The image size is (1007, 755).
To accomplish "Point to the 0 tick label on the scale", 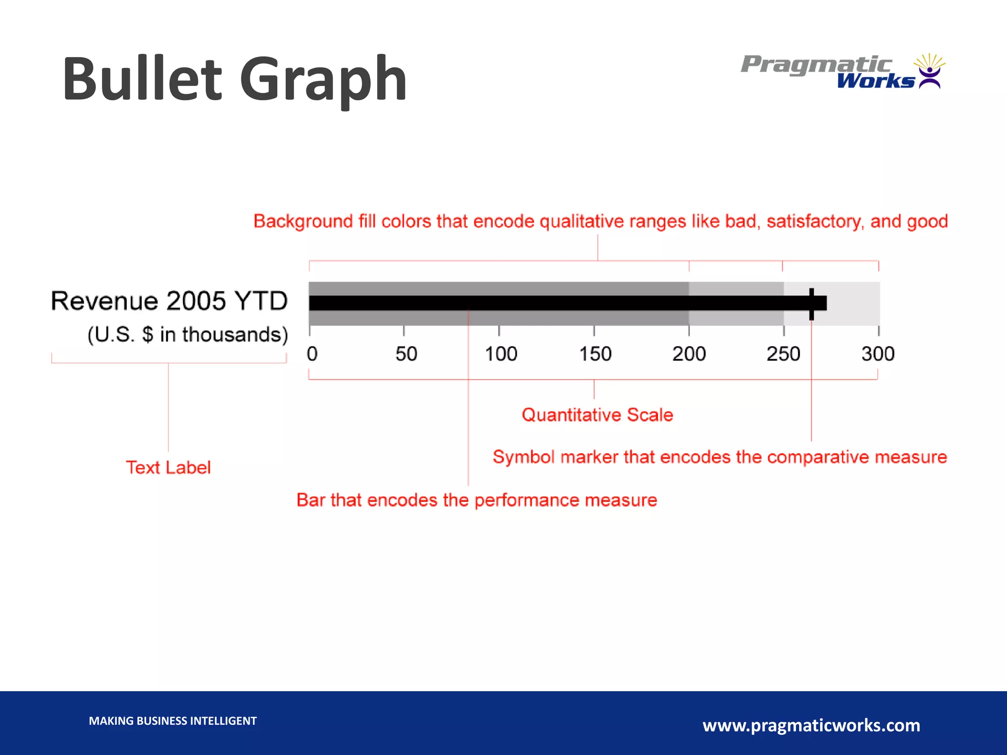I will click(x=312, y=354).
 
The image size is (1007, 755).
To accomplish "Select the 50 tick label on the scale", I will click(x=406, y=354).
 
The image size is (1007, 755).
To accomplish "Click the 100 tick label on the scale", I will click(x=501, y=354).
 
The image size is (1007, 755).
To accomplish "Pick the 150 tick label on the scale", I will click(x=595, y=354).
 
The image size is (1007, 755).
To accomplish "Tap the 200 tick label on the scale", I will click(x=689, y=354).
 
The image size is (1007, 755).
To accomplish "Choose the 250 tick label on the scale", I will click(x=783, y=354).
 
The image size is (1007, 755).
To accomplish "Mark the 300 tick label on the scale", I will click(x=878, y=354).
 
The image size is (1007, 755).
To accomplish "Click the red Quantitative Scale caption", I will click(x=597, y=415).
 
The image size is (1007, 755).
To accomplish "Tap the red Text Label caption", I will click(x=168, y=467).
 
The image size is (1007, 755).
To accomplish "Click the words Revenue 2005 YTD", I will click(x=169, y=301).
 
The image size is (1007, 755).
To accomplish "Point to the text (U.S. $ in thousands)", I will click(x=187, y=334).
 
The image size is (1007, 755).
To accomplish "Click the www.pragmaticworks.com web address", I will click(x=811, y=725).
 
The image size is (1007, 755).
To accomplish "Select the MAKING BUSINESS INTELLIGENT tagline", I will click(x=173, y=721).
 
